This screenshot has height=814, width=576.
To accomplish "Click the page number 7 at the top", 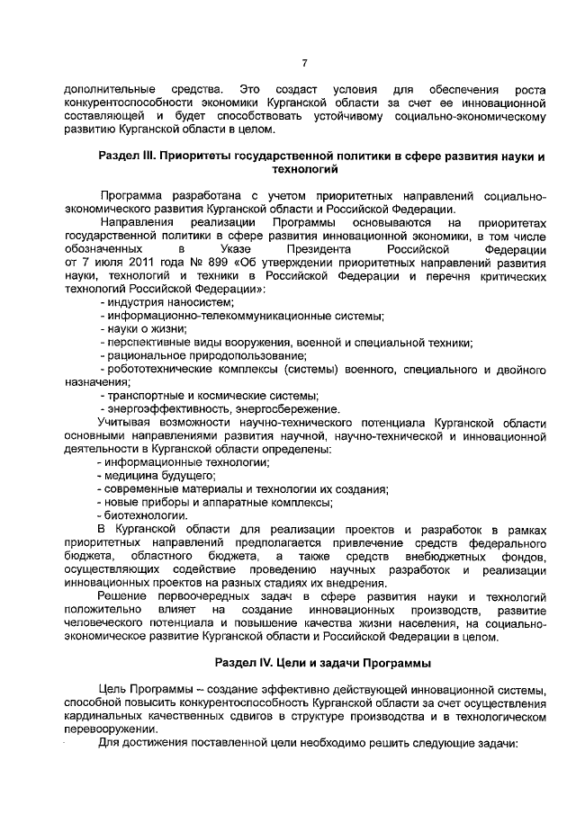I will pyautogui.click(x=304, y=62).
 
